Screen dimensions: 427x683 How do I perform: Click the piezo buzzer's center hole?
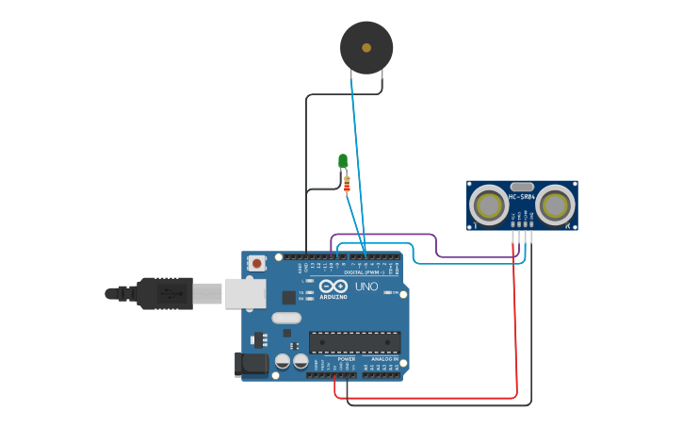point(366,47)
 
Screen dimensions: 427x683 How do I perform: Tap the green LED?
point(343,161)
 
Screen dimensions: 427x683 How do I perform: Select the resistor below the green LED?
point(347,184)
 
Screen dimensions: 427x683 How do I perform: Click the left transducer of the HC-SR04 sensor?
point(488,205)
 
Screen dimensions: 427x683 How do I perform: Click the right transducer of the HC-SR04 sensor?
point(556,205)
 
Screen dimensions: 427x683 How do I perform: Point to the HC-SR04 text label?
point(522,197)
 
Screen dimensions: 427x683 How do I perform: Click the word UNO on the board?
point(366,287)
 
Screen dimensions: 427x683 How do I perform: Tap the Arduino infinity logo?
point(333,287)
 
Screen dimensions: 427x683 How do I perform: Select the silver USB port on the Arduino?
point(244,294)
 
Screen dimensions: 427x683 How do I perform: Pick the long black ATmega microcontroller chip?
point(354,342)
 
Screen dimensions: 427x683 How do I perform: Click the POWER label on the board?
point(347,359)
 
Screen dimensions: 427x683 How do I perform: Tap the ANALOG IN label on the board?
point(385,359)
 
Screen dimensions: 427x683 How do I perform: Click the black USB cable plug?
point(165,293)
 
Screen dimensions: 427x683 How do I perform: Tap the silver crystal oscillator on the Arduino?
point(286,319)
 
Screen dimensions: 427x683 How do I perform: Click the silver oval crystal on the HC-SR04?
point(522,187)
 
